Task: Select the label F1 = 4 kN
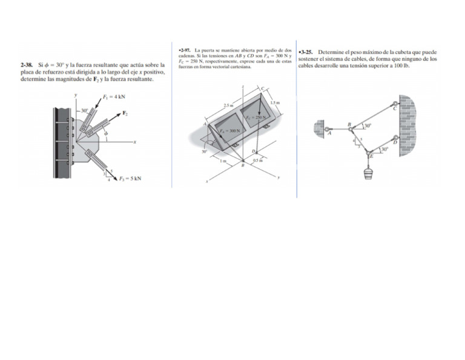coord(114,96)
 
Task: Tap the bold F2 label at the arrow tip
coord(125,113)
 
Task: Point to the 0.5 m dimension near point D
coord(257,160)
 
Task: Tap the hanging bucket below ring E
coord(367,174)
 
